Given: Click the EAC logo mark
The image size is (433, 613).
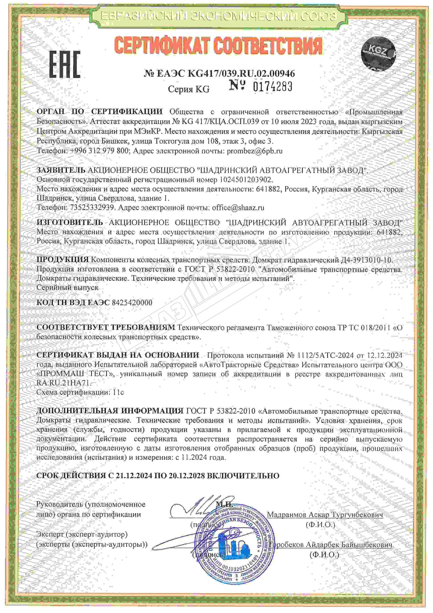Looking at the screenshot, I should tap(65, 65).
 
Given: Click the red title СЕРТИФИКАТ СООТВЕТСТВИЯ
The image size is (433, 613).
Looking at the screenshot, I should tap(218, 46).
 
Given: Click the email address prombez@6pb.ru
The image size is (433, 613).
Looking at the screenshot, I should tap(254, 151).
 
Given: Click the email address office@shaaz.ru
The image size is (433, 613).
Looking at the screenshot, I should tap(238, 208).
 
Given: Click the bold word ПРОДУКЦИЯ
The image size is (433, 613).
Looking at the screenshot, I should tap(63, 260).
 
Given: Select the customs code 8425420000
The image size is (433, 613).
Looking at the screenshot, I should tap(132, 302).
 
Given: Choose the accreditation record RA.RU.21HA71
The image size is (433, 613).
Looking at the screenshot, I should tap(64, 383).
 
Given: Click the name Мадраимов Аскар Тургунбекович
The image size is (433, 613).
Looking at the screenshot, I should tap(325, 515).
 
